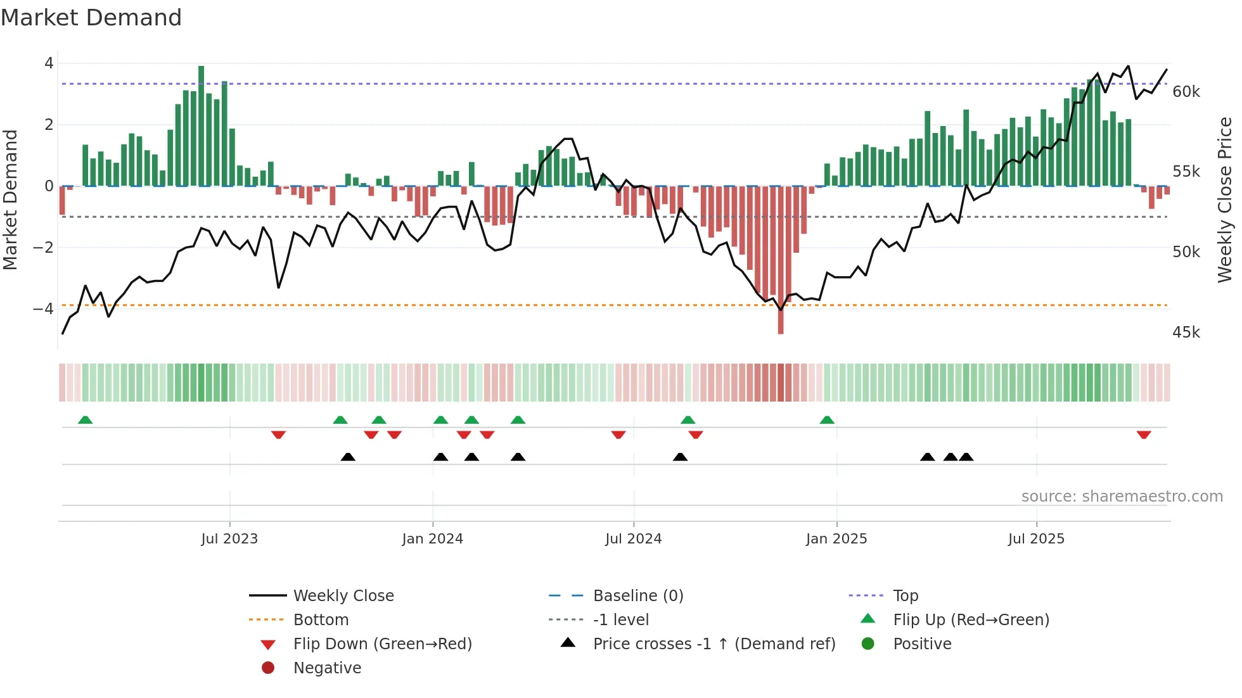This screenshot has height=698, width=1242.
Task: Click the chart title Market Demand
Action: pos(91,18)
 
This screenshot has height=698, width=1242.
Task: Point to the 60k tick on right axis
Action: pos(1186,92)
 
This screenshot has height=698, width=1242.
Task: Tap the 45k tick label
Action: pos(1186,333)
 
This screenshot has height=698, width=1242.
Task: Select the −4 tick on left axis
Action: pos(43,309)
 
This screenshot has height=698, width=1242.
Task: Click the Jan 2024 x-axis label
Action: pos(432,539)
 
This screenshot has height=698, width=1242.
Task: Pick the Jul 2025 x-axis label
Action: pos(1036,539)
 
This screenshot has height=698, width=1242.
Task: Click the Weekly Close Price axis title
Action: pos(1224,200)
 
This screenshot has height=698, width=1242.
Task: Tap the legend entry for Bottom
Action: pos(321,619)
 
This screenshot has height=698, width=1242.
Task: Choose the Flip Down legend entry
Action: pos(382,644)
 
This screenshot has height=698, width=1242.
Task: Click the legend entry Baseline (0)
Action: pos(637,595)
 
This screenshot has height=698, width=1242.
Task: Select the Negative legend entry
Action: pos(327,668)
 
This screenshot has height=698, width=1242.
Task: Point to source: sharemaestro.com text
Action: pos(1122,497)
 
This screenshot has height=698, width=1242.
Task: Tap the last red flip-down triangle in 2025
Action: pos(1143,435)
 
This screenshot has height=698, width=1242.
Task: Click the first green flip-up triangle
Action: pos(85,420)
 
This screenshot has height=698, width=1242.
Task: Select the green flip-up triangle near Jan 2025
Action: pos(827,420)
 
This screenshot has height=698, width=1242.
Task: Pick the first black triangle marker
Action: pos(348,457)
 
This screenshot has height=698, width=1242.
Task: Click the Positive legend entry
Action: pos(921,644)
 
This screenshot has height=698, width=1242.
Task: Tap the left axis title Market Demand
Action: pos(11,200)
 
